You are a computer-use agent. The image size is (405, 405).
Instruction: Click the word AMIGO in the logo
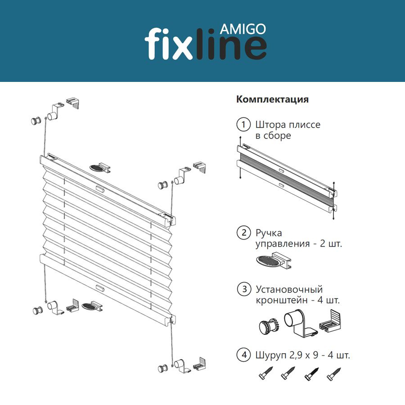243,29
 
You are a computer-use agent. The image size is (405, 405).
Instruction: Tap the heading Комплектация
272,99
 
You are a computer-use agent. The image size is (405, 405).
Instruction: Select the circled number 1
243,125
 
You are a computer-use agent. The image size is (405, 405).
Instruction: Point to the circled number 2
243,233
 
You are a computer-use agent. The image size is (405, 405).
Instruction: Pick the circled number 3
244,289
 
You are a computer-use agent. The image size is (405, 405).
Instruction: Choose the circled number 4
243,355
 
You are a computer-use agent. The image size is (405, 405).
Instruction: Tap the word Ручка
269,233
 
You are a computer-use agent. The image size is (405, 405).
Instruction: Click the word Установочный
289,289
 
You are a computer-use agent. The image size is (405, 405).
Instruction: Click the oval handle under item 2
273,261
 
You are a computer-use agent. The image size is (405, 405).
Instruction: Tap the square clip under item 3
330,322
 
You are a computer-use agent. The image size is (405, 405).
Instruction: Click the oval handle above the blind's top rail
100,168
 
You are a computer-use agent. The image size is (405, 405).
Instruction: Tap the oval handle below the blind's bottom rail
92,306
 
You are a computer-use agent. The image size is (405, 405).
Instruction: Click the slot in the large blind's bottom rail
100,288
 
